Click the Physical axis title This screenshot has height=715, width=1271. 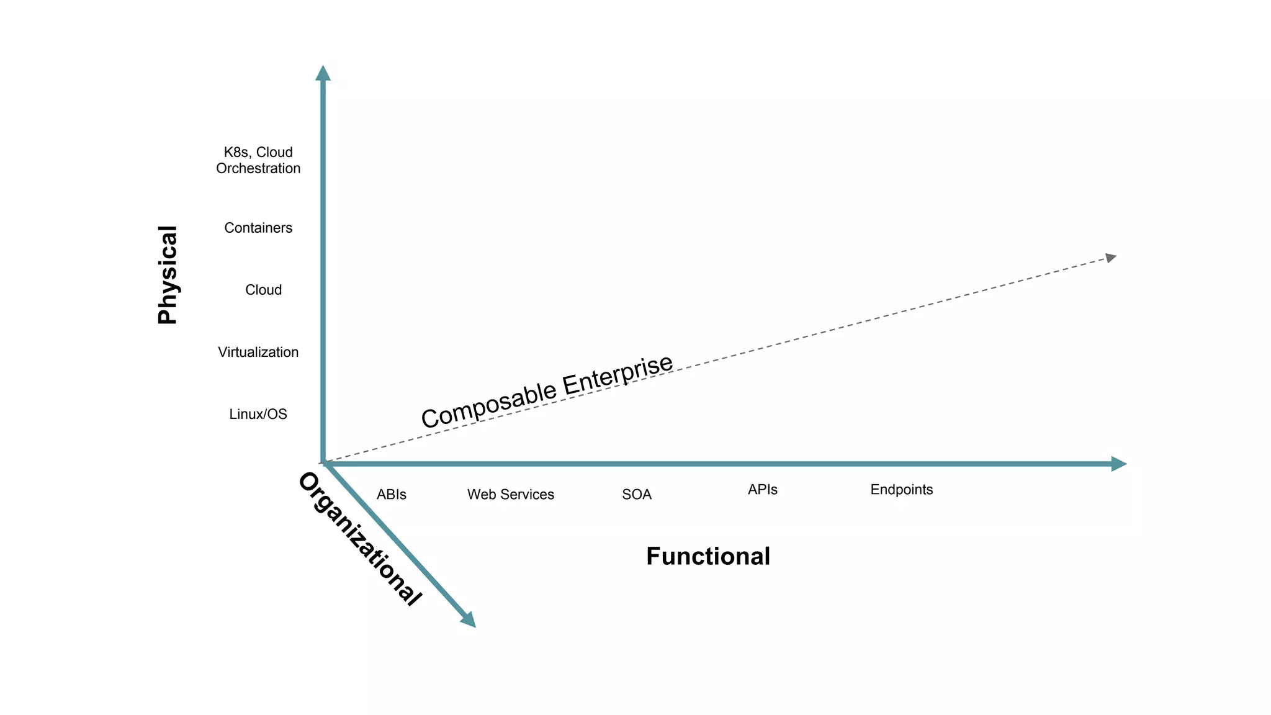(168, 275)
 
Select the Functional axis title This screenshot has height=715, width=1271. (708, 556)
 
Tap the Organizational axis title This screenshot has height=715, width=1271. (359, 539)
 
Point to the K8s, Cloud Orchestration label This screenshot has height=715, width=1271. (258, 160)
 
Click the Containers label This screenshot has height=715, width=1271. (258, 228)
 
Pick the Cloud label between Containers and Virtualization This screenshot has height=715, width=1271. (263, 290)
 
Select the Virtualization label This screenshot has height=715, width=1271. (258, 352)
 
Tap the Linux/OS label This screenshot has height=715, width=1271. (258, 414)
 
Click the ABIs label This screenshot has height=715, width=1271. (392, 495)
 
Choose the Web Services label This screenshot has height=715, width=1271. (511, 495)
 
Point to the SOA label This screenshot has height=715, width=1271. (637, 495)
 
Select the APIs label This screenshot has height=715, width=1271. (763, 490)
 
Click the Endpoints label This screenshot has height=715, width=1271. (902, 490)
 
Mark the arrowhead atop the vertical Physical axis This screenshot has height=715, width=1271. (323, 73)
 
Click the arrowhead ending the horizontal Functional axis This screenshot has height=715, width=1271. (1119, 464)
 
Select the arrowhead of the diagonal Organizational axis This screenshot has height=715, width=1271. (469, 620)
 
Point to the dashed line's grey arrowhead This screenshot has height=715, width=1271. (1111, 258)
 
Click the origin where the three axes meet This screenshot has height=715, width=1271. (323, 463)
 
